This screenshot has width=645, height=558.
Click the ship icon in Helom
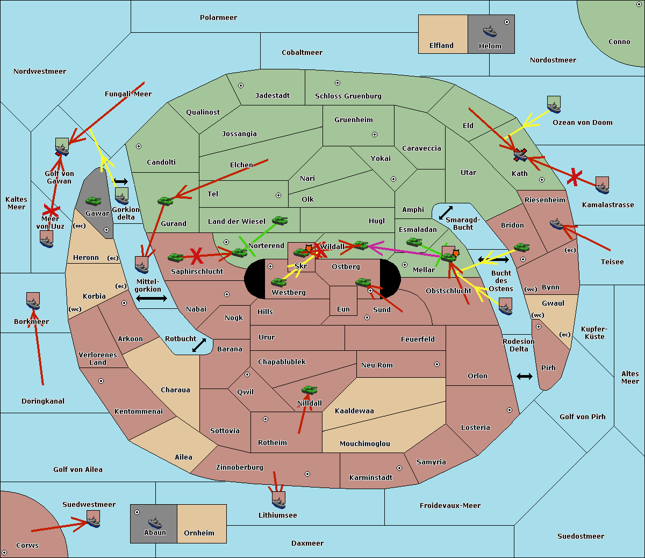point(490,31)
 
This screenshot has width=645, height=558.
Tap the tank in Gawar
point(93,201)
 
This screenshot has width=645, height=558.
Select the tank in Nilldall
point(309,390)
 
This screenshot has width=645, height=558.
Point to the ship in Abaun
point(155,522)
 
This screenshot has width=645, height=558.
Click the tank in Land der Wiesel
point(279,221)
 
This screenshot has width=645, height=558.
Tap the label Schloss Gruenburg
point(348,96)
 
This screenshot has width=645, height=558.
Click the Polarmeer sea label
point(218,18)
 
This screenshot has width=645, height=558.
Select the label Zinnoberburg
point(240,468)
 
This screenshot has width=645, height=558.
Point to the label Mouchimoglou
point(365,443)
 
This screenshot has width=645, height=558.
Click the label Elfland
point(441,46)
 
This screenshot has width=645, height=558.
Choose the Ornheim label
point(199,533)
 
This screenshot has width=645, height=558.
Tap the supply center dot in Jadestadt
point(241,86)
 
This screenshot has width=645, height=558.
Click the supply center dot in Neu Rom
point(437,364)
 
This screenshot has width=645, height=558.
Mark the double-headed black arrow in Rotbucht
point(199,345)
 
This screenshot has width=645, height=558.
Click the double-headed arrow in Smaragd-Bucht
point(446,213)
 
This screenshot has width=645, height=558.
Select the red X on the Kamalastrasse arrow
point(575,177)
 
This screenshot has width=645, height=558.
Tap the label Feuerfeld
point(418,339)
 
